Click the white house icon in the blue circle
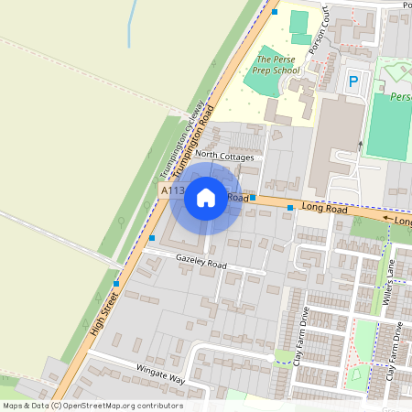(x=206, y=197)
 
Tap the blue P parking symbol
(x=353, y=82)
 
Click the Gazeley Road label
(x=201, y=264)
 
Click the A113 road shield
(x=171, y=190)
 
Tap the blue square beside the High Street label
(x=115, y=284)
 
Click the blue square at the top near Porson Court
(x=274, y=12)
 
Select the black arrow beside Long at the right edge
(x=388, y=220)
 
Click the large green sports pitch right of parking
(x=388, y=128)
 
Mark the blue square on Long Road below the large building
(x=290, y=209)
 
